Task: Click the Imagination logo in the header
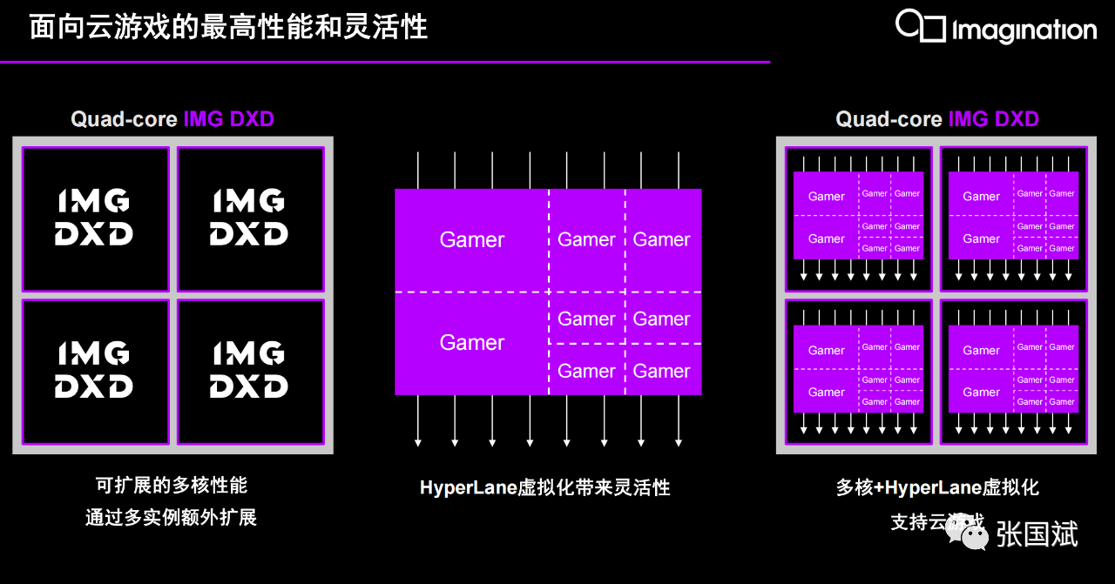click(x=995, y=27)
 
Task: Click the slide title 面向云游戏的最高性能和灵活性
click(x=228, y=27)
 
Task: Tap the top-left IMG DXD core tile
click(x=95, y=218)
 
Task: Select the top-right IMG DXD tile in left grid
click(x=250, y=218)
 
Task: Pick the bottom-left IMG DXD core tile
click(x=95, y=372)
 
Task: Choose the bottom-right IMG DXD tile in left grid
click(x=250, y=372)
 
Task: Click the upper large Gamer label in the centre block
click(x=471, y=240)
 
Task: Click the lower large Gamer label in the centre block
click(x=471, y=343)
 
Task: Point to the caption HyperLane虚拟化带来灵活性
click(x=545, y=487)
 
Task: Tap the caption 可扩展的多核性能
click(x=172, y=485)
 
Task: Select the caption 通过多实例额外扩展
click(x=172, y=517)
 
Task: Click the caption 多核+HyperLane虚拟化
click(x=937, y=487)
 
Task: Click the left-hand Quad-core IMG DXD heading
click(x=172, y=119)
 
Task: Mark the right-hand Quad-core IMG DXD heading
click(x=937, y=119)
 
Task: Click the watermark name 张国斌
click(x=1037, y=534)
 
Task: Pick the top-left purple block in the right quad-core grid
click(x=858, y=215)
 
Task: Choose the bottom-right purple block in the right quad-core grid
click(x=1013, y=369)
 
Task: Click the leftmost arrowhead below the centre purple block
click(x=418, y=443)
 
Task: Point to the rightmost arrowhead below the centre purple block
click(x=679, y=443)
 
